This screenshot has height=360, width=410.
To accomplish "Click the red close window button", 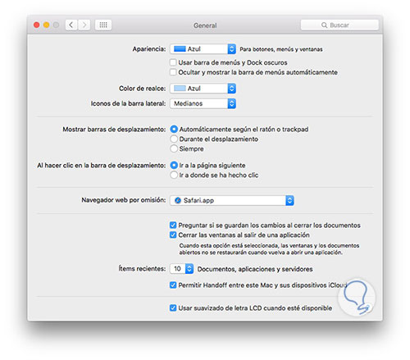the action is click(37, 25).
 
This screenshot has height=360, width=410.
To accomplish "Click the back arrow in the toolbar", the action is click(71, 25).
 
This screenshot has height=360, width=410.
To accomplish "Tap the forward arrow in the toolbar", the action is click(84, 25).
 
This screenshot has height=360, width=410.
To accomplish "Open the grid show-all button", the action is click(103, 25).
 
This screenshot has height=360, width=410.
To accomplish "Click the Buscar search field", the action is click(339, 25).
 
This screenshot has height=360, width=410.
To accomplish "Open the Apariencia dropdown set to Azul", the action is click(203, 49).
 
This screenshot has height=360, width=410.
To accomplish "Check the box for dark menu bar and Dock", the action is click(173, 62).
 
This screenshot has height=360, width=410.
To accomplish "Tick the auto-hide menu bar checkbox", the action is click(173, 72).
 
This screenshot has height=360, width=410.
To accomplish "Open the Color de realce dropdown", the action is click(203, 89).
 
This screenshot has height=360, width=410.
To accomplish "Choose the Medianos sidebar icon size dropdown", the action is click(203, 103).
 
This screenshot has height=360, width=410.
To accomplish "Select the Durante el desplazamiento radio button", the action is click(174, 139).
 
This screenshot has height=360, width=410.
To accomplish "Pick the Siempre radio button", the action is click(174, 149).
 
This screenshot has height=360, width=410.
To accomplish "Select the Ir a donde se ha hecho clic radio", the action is click(174, 175).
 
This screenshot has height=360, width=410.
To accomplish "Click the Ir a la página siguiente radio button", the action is click(174, 166).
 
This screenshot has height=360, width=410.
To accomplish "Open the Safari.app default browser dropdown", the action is click(232, 200).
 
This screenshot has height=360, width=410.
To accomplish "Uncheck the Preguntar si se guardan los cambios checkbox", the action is click(173, 226).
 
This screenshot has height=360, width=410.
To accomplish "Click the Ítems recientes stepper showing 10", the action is click(182, 269).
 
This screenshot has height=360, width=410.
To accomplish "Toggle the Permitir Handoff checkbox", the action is click(173, 285).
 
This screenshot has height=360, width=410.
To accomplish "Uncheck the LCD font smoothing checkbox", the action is click(173, 308).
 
